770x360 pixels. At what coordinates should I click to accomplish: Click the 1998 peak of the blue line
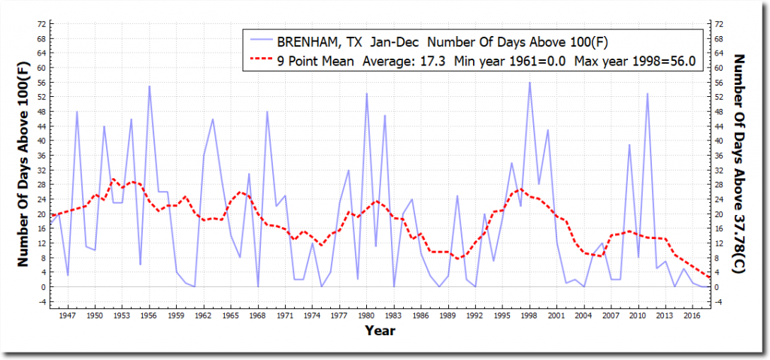tap(529, 83)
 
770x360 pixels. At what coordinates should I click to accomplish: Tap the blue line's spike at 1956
tap(149, 86)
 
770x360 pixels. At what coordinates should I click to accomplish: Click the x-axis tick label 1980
tap(367, 316)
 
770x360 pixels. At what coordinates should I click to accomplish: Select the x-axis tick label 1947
tap(68, 316)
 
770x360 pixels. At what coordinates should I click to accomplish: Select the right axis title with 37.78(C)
tap(740, 162)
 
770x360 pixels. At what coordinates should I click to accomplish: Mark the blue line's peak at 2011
tap(647, 94)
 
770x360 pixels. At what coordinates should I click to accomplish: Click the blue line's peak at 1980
tap(367, 94)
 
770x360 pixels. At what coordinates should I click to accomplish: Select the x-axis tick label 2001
tap(557, 316)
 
